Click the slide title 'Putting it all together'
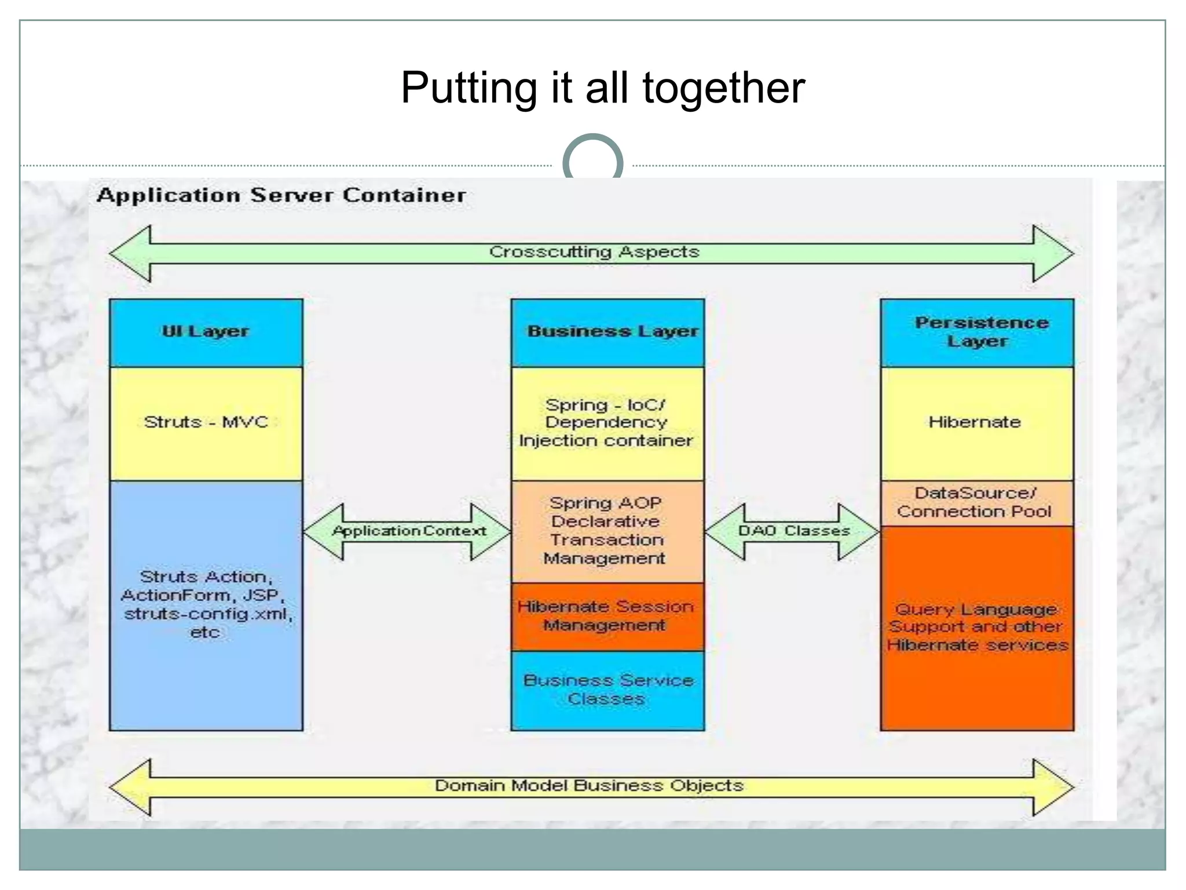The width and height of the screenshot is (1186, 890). (602, 88)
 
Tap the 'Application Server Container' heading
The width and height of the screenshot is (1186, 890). (281, 195)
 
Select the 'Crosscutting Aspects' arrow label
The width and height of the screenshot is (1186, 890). (594, 252)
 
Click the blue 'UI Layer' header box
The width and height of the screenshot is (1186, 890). (206, 332)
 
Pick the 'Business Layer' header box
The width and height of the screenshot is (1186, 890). (608, 332)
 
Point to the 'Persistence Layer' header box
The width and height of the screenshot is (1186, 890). (977, 332)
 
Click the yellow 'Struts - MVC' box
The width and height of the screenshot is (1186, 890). (206, 423)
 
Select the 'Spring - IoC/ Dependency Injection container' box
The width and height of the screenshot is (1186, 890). (607, 423)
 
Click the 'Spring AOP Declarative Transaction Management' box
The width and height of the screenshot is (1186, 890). (607, 531)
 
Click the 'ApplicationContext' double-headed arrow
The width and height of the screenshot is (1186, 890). (408, 531)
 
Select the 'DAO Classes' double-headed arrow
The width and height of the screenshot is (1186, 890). (793, 531)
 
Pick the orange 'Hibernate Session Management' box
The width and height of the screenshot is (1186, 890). (607, 616)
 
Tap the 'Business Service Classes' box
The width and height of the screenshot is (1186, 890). (607, 690)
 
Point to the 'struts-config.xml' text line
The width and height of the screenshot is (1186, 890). (207, 614)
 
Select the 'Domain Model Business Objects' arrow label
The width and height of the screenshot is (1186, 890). (589, 786)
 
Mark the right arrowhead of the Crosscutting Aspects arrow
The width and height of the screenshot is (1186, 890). (1053, 254)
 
